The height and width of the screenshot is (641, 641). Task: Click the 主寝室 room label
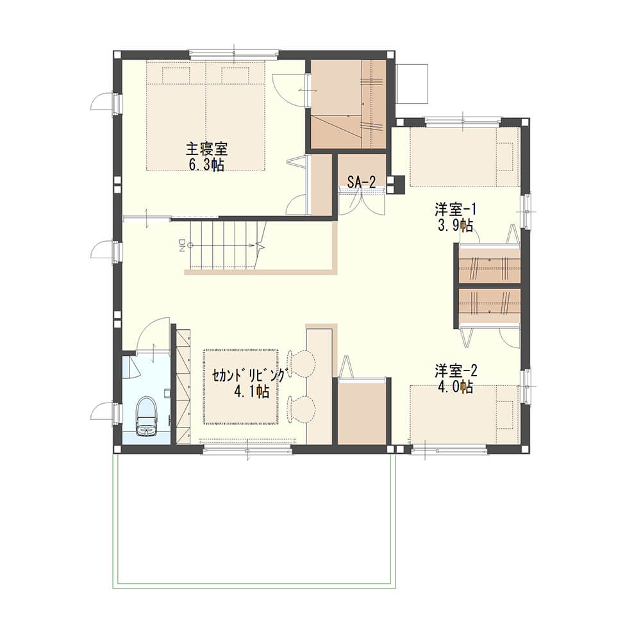pyautogui.click(x=206, y=149)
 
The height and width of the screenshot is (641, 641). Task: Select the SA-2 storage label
pyautogui.click(x=362, y=182)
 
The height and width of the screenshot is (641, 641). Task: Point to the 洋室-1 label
pyautogui.click(x=455, y=210)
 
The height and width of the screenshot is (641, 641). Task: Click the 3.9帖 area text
pyautogui.click(x=455, y=225)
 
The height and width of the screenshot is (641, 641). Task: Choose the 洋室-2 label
pyautogui.click(x=455, y=372)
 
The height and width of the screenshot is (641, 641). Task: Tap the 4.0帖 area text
pyautogui.click(x=455, y=387)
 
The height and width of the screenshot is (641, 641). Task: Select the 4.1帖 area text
pyautogui.click(x=251, y=392)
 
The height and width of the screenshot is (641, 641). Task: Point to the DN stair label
pyautogui.click(x=182, y=246)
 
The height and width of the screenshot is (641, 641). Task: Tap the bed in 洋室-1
pyautogui.click(x=465, y=156)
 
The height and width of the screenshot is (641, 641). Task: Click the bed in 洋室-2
pyautogui.click(x=465, y=413)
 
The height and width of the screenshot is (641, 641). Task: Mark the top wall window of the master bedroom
pyautogui.click(x=234, y=54)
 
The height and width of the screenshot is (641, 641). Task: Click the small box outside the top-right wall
pyautogui.click(x=412, y=84)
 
